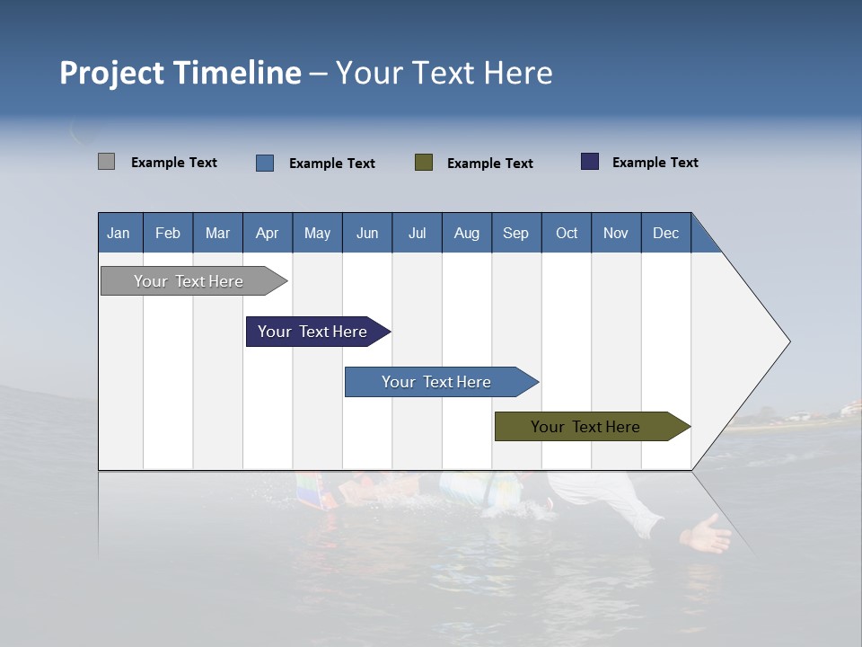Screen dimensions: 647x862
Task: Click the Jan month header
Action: (119, 233)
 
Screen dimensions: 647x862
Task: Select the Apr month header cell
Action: (267, 233)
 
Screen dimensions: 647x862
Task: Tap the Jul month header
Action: (417, 233)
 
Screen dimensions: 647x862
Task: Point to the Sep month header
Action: (515, 233)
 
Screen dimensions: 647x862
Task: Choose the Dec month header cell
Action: (665, 233)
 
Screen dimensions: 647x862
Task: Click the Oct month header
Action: (567, 233)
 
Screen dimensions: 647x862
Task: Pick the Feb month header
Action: (168, 233)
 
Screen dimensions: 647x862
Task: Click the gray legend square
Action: (106, 162)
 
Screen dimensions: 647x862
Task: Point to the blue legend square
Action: (265, 163)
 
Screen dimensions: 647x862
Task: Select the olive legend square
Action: (424, 162)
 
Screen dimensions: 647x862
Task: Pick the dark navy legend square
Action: (590, 162)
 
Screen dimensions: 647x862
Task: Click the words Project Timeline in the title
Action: (180, 73)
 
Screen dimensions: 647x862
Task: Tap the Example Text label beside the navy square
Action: (655, 163)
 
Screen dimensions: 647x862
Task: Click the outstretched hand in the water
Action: (708, 536)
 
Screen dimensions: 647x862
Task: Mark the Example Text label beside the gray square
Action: (174, 163)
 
